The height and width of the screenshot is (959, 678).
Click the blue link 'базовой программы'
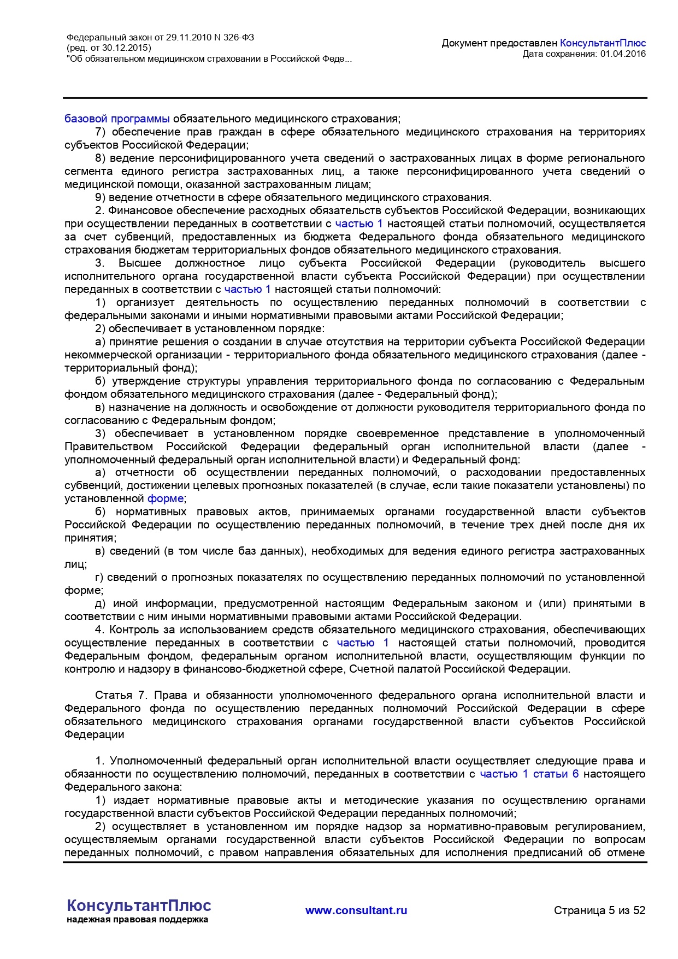pyautogui.click(x=117, y=119)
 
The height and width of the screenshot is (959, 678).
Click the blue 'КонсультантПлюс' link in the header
pyautogui.click(x=603, y=43)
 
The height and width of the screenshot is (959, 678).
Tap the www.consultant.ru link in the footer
pyautogui.click(x=356, y=910)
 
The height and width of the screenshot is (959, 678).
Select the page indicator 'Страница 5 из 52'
pyautogui.click(x=599, y=910)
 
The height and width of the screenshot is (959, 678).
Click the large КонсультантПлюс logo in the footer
pyautogui.click(x=139, y=905)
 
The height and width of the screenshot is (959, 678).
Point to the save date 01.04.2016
pyautogui.click(x=623, y=54)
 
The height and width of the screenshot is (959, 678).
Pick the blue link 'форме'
pyautogui.click(x=165, y=498)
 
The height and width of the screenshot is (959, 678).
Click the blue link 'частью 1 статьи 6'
pyautogui.click(x=529, y=774)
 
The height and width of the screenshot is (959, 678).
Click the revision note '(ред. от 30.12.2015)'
pyautogui.click(x=109, y=48)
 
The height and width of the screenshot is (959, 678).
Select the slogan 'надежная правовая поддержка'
pyautogui.click(x=137, y=920)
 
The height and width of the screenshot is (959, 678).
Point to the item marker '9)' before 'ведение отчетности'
pyautogui.click(x=100, y=197)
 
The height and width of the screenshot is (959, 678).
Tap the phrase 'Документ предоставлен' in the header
pyautogui.click(x=499, y=43)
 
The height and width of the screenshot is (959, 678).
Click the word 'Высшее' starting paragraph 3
pyautogui.click(x=140, y=263)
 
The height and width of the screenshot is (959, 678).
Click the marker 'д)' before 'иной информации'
pyautogui.click(x=100, y=603)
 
